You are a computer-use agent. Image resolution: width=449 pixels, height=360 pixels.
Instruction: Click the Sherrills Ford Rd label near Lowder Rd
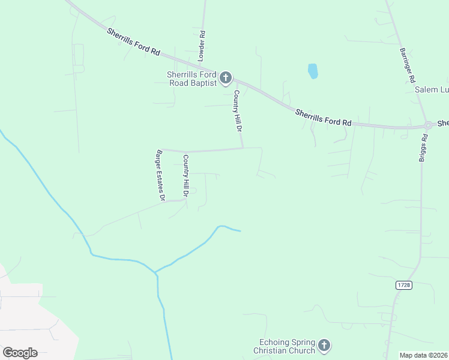[133, 42]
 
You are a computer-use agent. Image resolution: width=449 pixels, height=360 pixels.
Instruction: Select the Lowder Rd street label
[202, 46]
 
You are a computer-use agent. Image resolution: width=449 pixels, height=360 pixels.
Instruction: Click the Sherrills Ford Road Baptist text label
[191, 79]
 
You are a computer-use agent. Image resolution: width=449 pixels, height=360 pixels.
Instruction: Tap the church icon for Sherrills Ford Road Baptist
[226, 77]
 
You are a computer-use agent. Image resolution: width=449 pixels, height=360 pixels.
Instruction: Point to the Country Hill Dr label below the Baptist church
[238, 112]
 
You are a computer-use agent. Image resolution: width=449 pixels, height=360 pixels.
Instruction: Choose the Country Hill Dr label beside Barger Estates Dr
[186, 176]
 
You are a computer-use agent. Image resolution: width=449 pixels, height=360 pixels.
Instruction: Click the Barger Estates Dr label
[160, 174]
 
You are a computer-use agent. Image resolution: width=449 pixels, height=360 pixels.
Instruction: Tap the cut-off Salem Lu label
[432, 90]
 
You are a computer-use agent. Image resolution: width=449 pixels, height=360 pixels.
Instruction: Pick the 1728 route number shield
[404, 286]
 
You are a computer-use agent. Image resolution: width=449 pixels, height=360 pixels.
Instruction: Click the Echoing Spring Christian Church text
[285, 346]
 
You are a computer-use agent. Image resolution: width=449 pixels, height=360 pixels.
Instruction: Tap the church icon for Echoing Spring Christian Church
[324, 345]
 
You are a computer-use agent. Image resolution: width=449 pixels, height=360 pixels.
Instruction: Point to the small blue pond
[313, 71]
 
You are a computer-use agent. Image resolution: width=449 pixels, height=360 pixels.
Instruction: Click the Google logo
[20, 352]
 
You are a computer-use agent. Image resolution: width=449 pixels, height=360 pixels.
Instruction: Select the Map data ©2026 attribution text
[424, 355]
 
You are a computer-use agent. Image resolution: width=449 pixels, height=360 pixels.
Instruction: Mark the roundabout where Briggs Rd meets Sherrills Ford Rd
[429, 125]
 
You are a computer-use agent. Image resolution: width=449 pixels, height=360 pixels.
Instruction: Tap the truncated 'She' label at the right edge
[443, 123]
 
